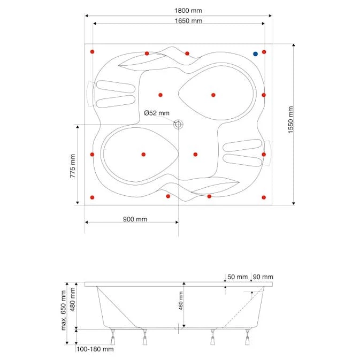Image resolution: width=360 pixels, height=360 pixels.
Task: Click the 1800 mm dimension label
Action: tap(188, 11)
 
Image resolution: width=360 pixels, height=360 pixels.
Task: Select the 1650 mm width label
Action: tap(188, 21)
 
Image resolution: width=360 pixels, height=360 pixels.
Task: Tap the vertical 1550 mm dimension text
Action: tap(290, 120)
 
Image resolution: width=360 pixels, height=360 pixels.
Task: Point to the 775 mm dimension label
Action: tap(73, 166)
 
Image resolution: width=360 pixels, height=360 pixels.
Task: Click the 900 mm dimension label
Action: tap(135, 219)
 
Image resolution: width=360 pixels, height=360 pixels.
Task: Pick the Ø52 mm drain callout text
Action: tap(157, 113)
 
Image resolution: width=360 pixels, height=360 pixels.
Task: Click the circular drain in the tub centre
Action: tap(178, 125)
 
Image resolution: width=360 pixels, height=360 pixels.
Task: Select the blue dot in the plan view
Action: tap(255, 54)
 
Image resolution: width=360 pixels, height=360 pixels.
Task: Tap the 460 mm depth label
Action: tap(181, 301)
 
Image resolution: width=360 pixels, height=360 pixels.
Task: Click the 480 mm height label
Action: tap(73, 300)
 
